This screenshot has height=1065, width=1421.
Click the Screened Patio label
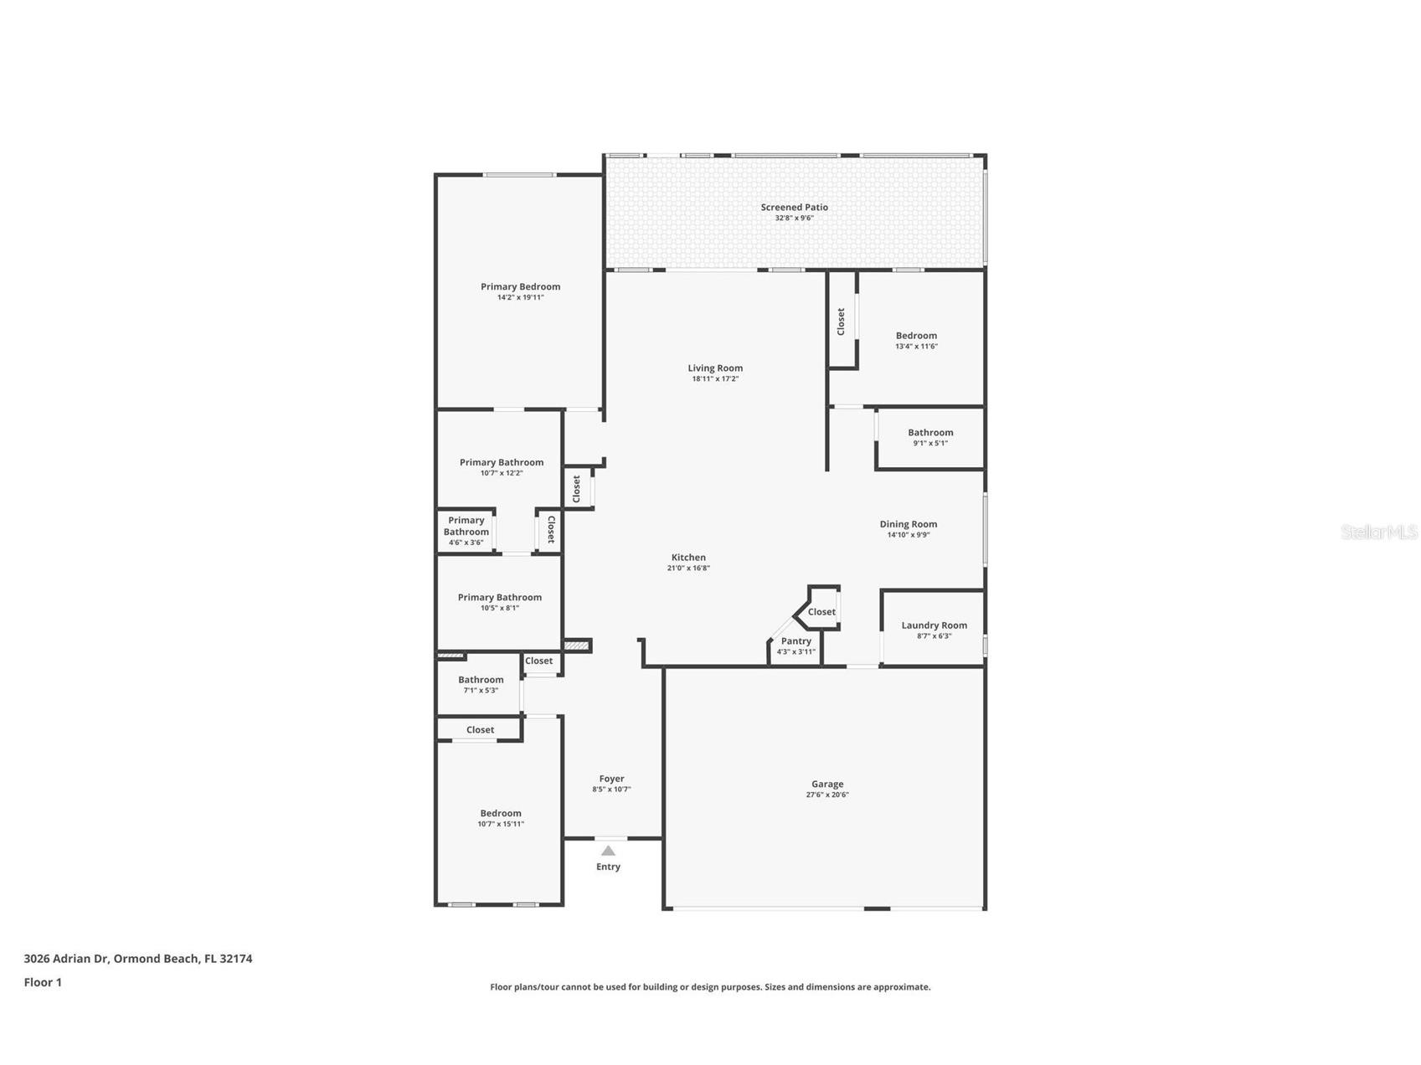[794, 207]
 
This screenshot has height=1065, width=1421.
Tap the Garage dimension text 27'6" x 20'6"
[827, 795]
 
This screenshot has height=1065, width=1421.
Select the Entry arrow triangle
[609, 851]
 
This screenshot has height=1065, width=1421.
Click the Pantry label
[795, 641]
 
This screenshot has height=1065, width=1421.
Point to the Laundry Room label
[934, 625]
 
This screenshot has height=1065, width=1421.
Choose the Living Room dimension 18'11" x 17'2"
[715, 379]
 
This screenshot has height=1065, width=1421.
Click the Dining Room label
[908, 524]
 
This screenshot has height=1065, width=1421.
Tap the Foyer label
[611, 779]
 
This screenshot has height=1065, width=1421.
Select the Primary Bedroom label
[520, 286]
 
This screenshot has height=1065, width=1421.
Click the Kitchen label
[688, 558]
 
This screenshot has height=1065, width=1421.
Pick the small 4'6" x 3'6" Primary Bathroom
[466, 531]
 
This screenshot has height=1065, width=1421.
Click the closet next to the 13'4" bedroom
[842, 322]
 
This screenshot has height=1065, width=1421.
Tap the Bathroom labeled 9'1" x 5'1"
[930, 437]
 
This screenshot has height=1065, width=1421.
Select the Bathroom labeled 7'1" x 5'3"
[481, 684]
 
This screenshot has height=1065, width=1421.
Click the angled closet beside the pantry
[821, 612]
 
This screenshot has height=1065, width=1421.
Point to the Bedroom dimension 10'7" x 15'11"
[501, 825]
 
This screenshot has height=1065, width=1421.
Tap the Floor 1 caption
[43, 983]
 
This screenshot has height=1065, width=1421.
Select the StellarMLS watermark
[1378, 532]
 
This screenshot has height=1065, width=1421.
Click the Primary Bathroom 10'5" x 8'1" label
[499, 598]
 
